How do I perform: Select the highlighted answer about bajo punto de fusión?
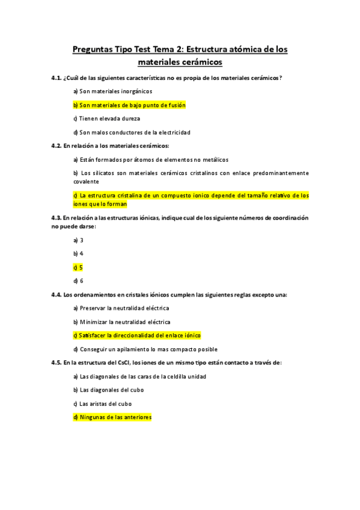tap(129, 105)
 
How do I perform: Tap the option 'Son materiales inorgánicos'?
tap(112, 91)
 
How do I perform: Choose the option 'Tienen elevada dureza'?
tap(106, 118)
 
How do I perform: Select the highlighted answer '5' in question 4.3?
tap(78, 267)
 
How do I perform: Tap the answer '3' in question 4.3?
tap(78, 240)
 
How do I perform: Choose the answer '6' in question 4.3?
tap(78, 281)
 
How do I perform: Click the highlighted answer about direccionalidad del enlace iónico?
tap(136, 336)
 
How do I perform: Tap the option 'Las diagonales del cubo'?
tap(111, 390)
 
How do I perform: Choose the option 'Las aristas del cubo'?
tap(105, 404)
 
